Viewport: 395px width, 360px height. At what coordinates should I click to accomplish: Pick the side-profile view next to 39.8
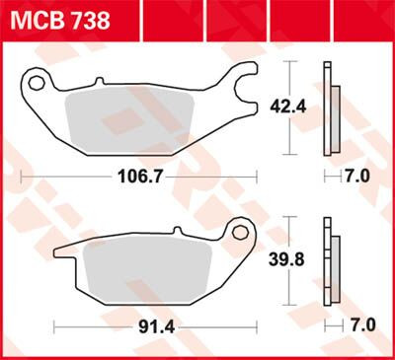pyautogui.click(x=330, y=260)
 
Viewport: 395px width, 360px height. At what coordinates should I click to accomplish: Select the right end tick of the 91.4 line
pyautogui.click(x=256, y=324)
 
